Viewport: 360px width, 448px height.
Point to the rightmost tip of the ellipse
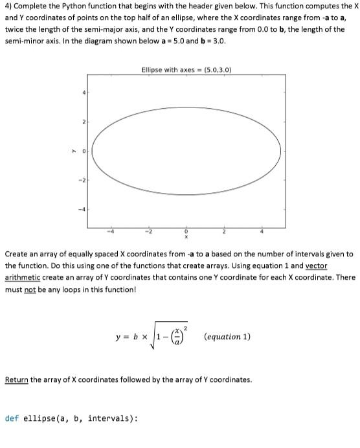tap(280, 151)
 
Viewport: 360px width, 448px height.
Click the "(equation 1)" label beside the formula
tap(227, 337)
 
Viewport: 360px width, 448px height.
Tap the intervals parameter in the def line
tap(113, 418)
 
